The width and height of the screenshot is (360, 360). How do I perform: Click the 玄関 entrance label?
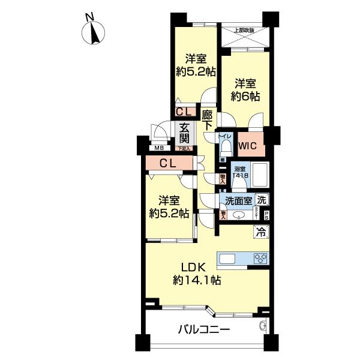(x=184, y=134)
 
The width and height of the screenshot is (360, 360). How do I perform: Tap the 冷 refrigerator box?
(x=261, y=230)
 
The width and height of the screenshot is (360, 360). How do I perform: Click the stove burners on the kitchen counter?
(x=262, y=259)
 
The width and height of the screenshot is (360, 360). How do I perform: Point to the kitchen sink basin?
(x=229, y=259)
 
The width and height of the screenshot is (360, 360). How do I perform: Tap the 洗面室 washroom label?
(x=238, y=200)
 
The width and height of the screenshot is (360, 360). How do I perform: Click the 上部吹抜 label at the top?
(x=243, y=30)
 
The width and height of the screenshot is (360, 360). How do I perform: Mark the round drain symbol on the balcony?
(x=262, y=326)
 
